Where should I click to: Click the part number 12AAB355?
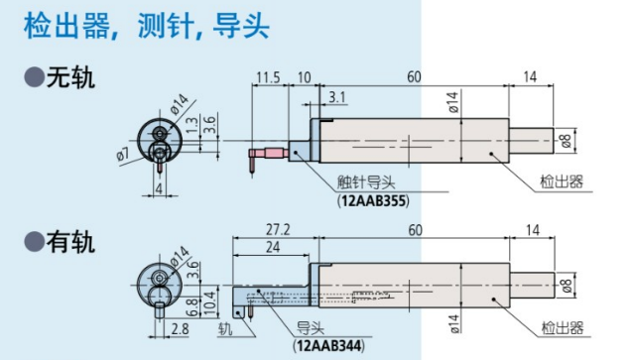tap(373, 200)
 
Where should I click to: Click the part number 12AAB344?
tap(329, 345)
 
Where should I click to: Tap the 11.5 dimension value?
tap(269, 77)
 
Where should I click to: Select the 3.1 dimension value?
tap(337, 97)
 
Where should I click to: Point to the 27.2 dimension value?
tap(278, 230)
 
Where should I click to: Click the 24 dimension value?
tap(273, 247)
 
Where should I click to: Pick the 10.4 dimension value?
tap(210, 304)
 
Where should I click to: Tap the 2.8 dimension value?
tap(180, 329)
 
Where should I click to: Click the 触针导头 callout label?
tap(366, 182)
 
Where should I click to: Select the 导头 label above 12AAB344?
tap(311, 328)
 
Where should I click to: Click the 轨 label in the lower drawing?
tap(225, 328)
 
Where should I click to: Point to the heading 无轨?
tap(71, 77)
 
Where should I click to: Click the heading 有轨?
tap(71, 242)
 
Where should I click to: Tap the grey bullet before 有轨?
tap(34, 242)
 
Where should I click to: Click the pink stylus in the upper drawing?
tap(269, 154)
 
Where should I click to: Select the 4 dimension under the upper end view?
tap(160, 188)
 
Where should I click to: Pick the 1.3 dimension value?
tap(192, 125)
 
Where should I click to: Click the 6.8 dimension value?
tap(192, 307)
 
